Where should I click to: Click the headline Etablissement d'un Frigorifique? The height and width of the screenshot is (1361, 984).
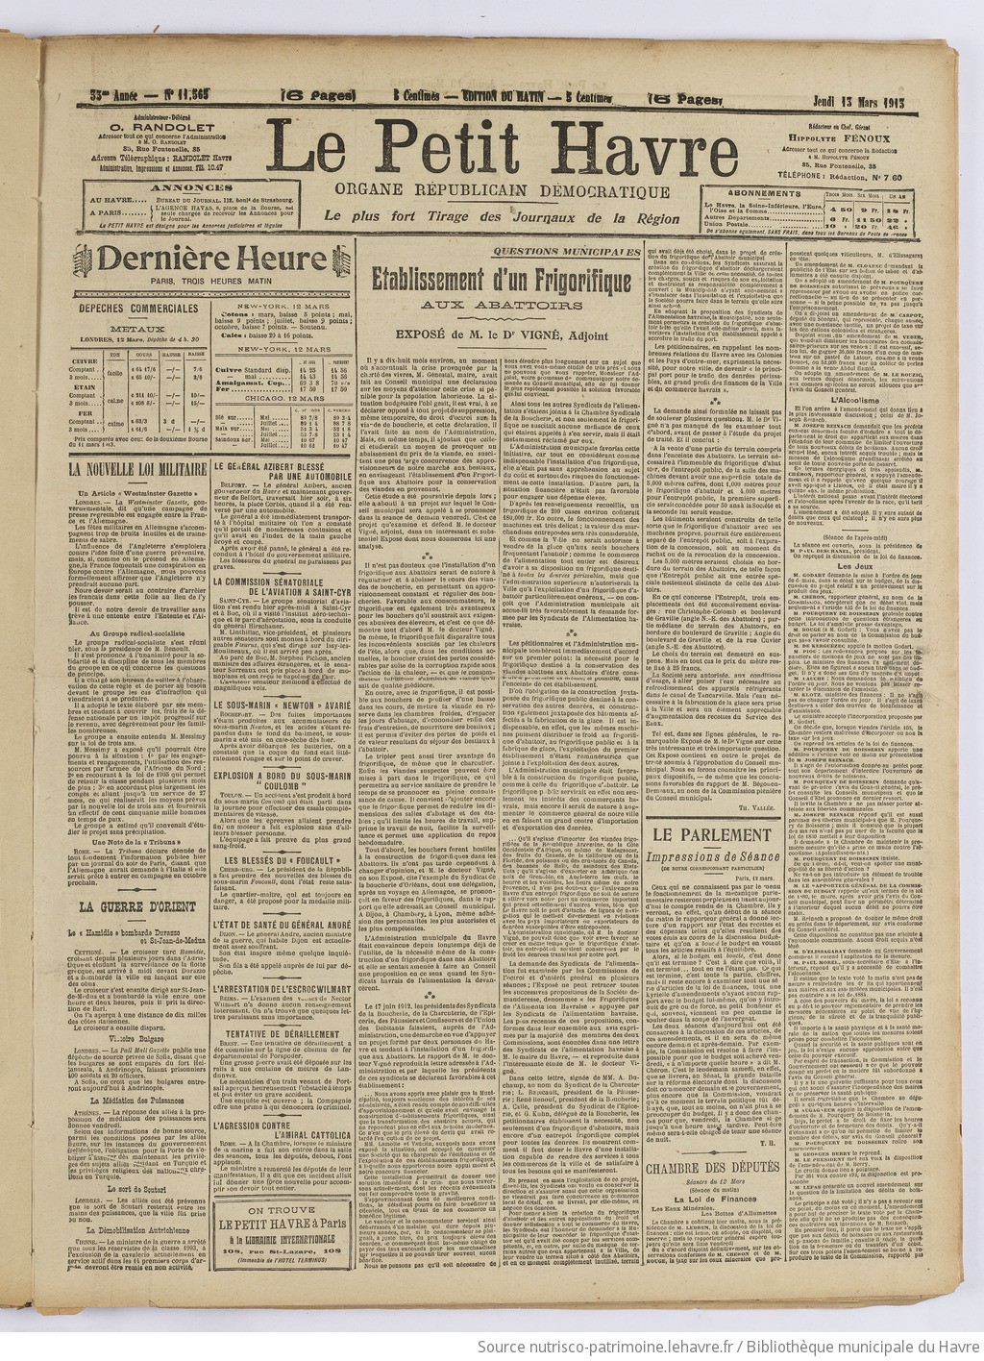502,283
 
